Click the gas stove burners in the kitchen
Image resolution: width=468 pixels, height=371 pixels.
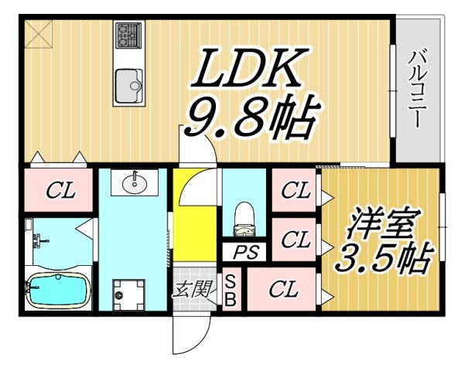(128, 35)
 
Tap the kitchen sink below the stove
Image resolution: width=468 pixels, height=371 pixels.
(128, 82)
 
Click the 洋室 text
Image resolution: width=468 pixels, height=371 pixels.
(383, 226)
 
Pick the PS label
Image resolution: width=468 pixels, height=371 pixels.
(247, 253)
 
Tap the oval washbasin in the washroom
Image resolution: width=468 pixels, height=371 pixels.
(135, 183)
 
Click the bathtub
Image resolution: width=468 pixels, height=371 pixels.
(54, 291)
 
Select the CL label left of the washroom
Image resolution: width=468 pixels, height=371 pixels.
(59, 189)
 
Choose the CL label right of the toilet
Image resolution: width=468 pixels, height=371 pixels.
(295, 189)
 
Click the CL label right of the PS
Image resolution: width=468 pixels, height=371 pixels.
(295, 240)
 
